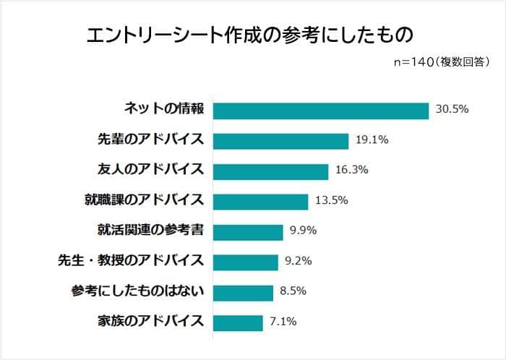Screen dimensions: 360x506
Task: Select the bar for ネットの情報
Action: tap(322, 110)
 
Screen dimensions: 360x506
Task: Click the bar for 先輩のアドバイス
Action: tap(281, 140)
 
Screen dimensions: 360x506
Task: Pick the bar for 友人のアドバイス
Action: tap(271, 171)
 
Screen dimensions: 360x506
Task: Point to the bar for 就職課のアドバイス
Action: tap(261, 201)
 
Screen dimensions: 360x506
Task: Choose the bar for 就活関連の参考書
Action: tap(248, 231)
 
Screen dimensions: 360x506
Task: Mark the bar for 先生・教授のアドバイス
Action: tap(246, 262)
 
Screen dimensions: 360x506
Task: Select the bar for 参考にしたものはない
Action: tap(243, 292)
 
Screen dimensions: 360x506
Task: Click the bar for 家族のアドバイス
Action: tap(238, 322)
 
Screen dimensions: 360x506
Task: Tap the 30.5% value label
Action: tap(453, 110)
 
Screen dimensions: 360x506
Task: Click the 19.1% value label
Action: tap(372, 140)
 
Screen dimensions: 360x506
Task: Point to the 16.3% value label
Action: tap(352, 171)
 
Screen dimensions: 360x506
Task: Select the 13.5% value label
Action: tap(332, 201)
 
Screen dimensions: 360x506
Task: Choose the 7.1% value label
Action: tap(283, 322)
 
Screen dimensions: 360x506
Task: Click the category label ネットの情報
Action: tap(164, 110)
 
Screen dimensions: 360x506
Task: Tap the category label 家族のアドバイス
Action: tap(150, 322)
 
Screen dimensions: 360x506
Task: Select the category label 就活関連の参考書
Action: tap(150, 231)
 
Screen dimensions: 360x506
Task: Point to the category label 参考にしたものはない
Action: tap(140, 292)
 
